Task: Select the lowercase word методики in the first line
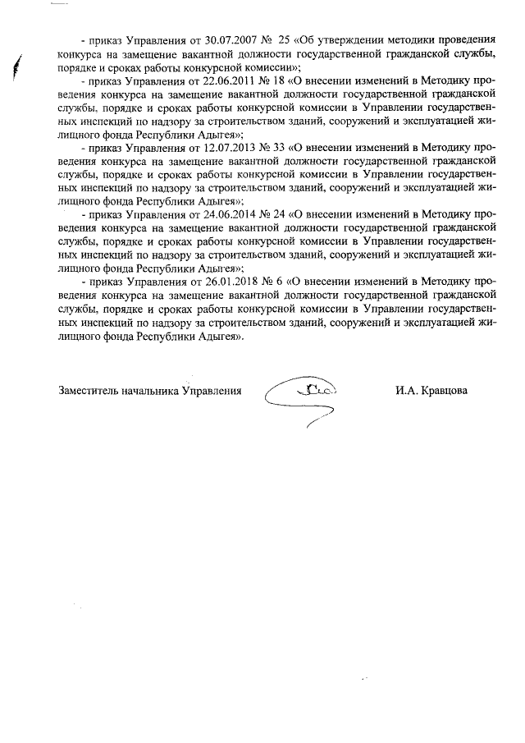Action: [x=409, y=39]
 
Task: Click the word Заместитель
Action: [x=89, y=391]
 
